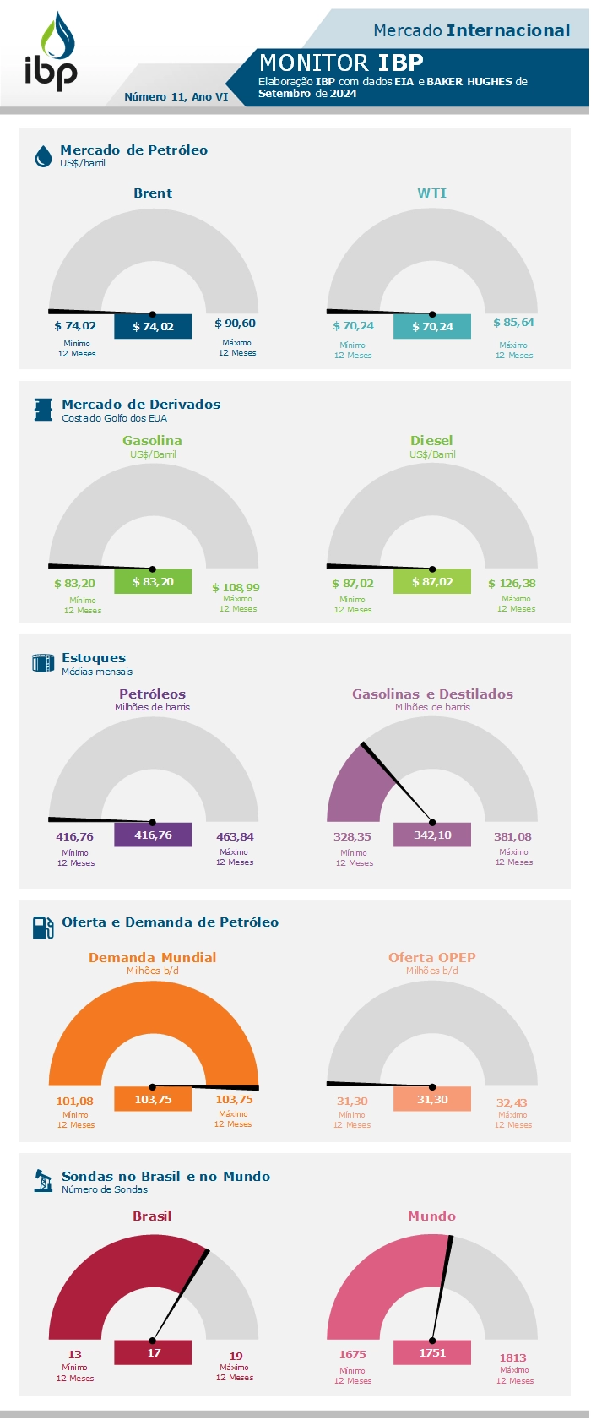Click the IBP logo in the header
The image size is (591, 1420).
tap(51, 52)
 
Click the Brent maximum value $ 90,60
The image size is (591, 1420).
tap(235, 324)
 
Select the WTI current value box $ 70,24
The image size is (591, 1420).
tap(432, 326)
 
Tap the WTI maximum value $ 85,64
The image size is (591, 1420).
tap(513, 323)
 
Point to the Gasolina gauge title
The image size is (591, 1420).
tap(152, 441)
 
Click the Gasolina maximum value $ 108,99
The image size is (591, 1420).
tap(236, 587)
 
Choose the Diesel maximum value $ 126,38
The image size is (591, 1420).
tap(512, 583)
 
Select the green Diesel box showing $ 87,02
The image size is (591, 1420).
tap(432, 581)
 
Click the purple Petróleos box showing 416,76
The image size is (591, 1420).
tap(153, 835)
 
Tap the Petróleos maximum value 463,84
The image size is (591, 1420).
tap(235, 837)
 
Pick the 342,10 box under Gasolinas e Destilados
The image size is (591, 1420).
tap(432, 835)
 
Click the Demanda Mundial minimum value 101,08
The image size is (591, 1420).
tap(74, 1101)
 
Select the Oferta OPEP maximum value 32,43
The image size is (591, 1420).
tap(512, 1102)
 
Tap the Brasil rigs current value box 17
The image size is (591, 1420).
tap(153, 1352)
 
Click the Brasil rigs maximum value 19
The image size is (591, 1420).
tap(236, 1356)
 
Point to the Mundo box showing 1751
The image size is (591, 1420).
tap(432, 1352)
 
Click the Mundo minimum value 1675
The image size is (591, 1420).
tap(352, 1354)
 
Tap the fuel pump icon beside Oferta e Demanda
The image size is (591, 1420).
tap(43, 927)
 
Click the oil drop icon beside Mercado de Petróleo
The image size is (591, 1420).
tap(43, 156)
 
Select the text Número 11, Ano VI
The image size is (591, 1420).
tap(176, 97)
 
